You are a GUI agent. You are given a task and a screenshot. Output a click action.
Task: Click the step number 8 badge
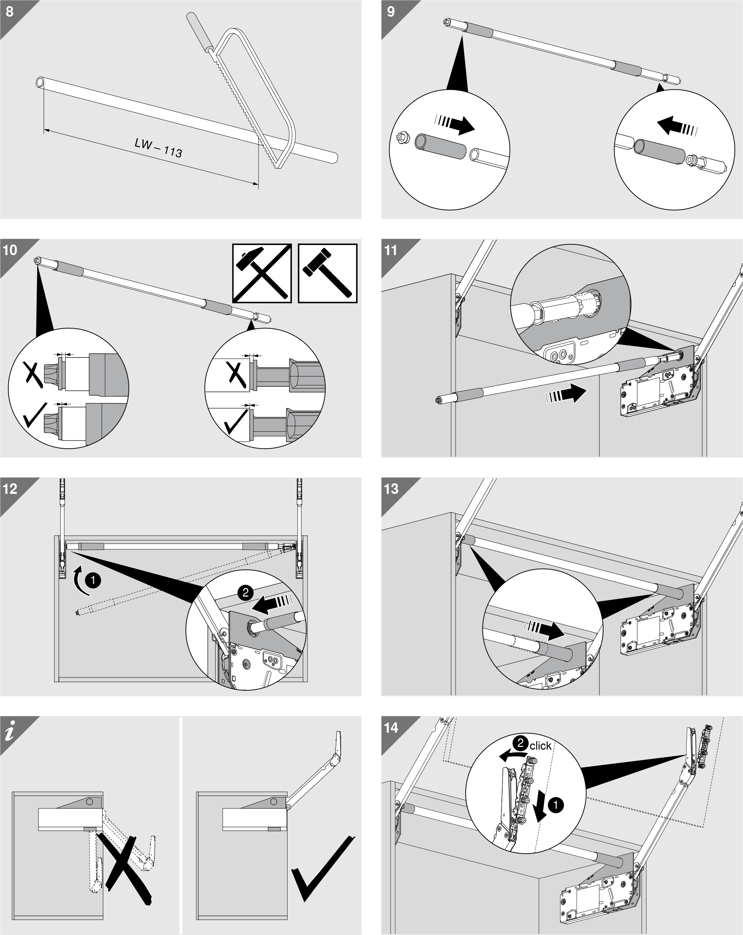click(x=10, y=11)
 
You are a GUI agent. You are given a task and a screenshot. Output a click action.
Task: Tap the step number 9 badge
click(x=391, y=11)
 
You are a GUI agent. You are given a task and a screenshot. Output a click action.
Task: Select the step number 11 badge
click(x=391, y=250)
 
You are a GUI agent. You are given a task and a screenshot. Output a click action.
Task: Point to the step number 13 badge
click(x=391, y=489)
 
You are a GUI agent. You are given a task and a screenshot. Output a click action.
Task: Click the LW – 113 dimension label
click(x=158, y=148)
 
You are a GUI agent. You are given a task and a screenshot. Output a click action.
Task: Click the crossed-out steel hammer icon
click(x=262, y=273)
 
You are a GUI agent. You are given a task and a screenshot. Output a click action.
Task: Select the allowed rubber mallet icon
click(x=328, y=273)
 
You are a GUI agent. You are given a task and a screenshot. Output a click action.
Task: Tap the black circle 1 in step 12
click(x=93, y=580)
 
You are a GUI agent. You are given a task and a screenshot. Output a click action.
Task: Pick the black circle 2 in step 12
click(x=246, y=592)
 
